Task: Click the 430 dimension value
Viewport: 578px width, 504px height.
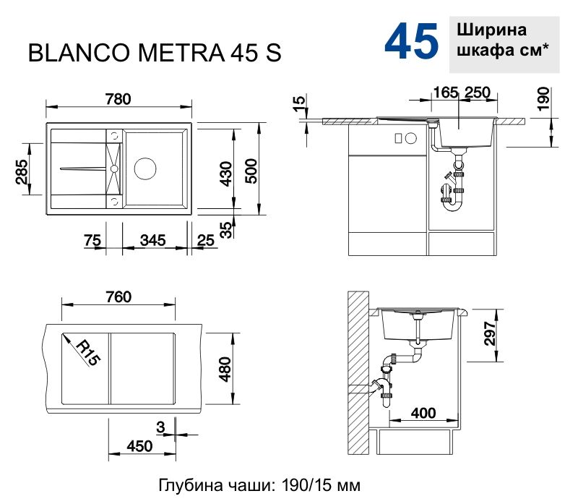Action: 226,173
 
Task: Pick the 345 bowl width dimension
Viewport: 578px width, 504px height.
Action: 152,240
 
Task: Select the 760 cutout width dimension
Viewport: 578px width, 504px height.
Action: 118,296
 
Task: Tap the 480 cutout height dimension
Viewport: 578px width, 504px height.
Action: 225,370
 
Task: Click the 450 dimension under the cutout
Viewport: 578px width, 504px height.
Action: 139,446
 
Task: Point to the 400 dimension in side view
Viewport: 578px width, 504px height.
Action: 423,413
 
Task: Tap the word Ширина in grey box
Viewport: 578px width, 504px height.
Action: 491,31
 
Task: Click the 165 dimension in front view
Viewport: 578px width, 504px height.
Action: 446,92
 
